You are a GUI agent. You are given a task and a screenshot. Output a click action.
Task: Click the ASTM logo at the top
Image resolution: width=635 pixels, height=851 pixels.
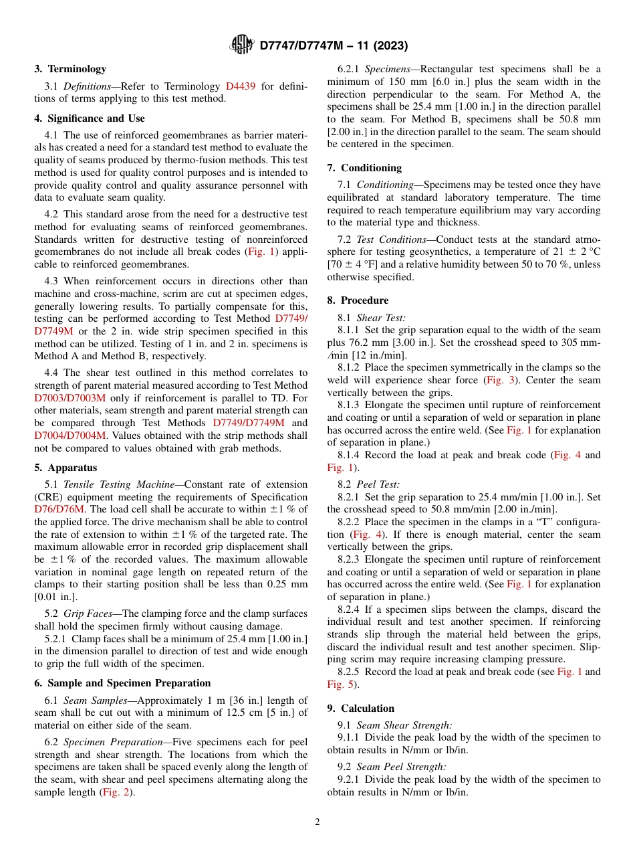(241, 45)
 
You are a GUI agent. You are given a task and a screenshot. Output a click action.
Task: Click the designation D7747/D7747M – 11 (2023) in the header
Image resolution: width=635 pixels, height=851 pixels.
(333, 45)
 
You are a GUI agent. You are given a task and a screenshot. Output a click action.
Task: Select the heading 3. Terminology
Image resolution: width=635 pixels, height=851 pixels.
(70, 69)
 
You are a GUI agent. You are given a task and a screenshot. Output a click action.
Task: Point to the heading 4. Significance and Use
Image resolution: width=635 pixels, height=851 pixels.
(90, 118)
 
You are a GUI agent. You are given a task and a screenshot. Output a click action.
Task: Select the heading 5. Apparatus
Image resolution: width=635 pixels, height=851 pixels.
(66, 468)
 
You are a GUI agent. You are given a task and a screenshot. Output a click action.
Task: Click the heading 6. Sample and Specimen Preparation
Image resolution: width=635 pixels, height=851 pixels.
(122, 683)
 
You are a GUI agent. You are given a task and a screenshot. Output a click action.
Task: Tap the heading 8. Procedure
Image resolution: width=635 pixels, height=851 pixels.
(358, 300)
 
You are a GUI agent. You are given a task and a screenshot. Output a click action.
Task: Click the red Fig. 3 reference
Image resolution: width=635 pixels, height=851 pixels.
(499, 380)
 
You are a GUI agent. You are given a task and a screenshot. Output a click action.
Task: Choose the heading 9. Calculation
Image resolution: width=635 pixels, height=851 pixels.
(360, 708)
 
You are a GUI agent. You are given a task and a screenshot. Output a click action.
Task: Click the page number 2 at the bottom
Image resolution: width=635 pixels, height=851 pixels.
(317, 822)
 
